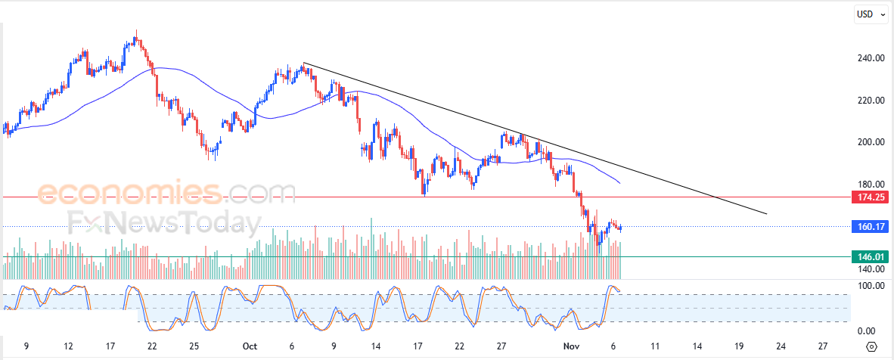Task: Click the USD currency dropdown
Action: [x=870, y=14]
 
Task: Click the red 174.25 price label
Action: [x=870, y=197]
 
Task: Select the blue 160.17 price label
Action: [x=870, y=226]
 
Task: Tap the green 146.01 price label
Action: [x=870, y=257]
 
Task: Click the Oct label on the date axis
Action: [x=250, y=346]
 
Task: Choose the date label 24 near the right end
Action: [x=781, y=346]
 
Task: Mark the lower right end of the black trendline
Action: [x=766, y=214]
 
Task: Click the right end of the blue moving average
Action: [x=620, y=183]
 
